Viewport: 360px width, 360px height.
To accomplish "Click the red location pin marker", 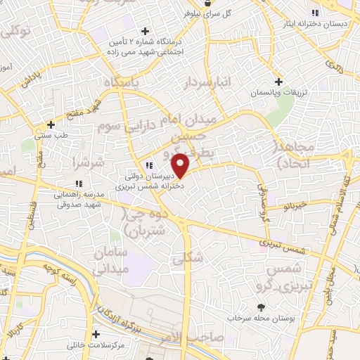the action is click(181, 165).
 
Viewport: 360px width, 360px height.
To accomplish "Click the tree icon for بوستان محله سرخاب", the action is click(262, 307).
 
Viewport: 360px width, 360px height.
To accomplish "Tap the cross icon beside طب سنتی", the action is click(51, 124).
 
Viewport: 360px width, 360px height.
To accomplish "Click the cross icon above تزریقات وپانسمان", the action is click(279, 82).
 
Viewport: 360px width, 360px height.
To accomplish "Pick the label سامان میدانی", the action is click(127, 259).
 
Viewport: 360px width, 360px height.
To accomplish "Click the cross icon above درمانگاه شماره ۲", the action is click(146, 31).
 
